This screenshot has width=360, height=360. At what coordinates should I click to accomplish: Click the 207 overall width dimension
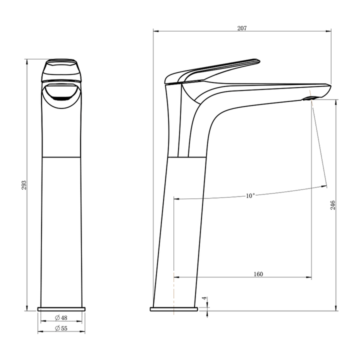click(241, 28)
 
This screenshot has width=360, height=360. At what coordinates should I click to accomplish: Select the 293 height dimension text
click(23, 185)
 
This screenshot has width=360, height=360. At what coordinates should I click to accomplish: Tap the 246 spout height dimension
click(332, 205)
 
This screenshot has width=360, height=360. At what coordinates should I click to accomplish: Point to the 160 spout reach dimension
click(258, 274)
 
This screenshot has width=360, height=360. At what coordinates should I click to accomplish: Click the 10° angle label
click(250, 195)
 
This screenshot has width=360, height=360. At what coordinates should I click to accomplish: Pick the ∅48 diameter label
click(61, 317)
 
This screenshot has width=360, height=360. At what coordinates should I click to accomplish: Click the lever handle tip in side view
click(257, 60)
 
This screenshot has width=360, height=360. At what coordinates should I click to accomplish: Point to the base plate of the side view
click(175, 308)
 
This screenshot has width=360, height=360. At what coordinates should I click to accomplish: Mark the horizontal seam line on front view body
click(61, 157)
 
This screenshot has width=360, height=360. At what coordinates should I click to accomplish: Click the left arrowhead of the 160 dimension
click(175, 277)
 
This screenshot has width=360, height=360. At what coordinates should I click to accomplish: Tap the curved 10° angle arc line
click(280, 190)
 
